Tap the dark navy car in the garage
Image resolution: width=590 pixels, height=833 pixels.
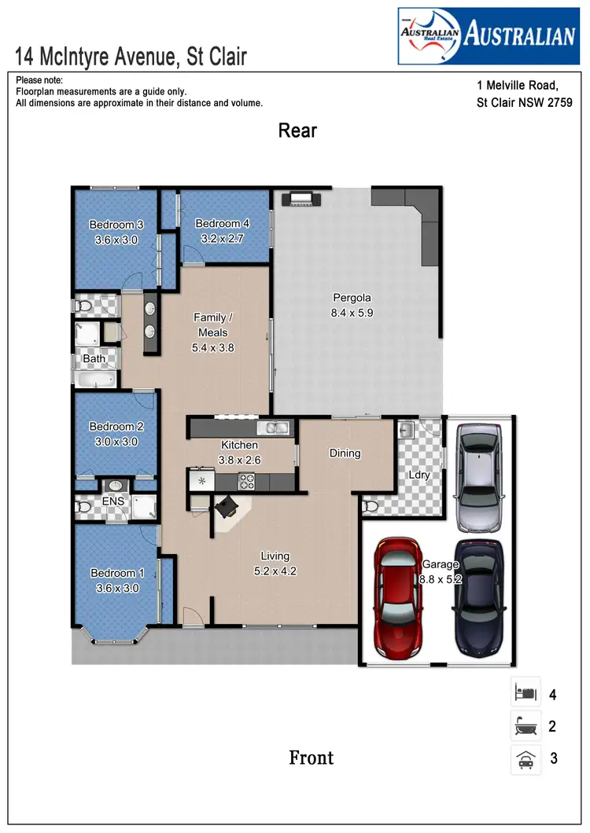(x=479, y=597)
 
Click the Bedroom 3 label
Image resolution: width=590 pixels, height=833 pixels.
(x=116, y=225)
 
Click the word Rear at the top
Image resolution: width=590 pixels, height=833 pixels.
(x=297, y=130)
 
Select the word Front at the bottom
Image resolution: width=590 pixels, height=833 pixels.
(x=312, y=758)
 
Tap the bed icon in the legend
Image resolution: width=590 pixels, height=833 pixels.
(x=525, y=694)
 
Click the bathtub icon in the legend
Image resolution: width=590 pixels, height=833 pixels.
(x=525, y=727)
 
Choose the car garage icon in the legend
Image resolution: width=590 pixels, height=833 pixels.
(x=525, y=759)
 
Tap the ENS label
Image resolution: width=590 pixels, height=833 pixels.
(x=114, y=501)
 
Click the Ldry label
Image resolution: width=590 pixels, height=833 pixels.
(x=419, y=475)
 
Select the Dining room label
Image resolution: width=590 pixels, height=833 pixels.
(x=345, y=453)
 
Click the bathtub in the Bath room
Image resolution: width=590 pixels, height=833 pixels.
(x=96, y=380)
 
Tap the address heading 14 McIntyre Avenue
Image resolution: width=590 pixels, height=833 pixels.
(x=131, y=57)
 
